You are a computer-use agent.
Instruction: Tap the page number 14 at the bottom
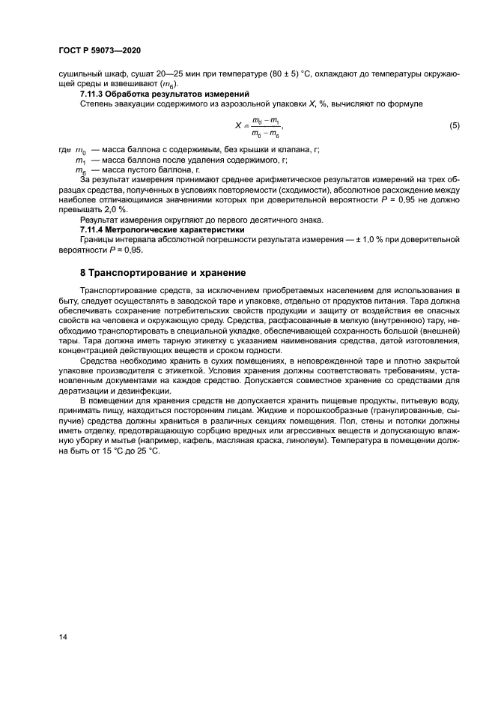[x=63, y=637]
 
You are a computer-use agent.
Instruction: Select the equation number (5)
[x=454, y=127]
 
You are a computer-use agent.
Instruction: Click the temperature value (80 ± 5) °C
[x=290, y=75]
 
